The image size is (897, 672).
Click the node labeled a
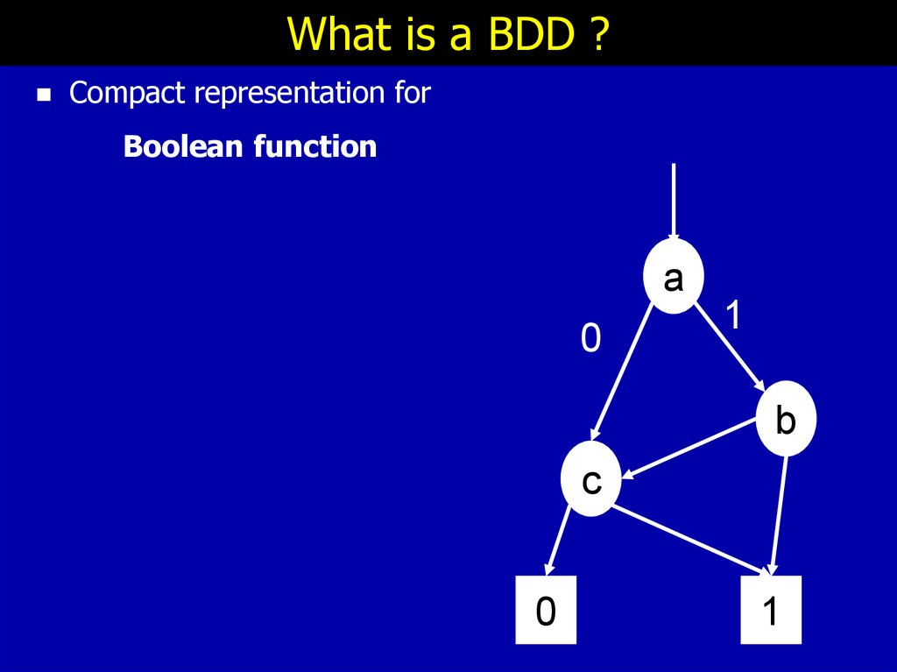point(674,277)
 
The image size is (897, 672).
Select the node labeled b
point(786,419)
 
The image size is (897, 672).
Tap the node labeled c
point(591,478)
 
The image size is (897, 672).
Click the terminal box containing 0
point(546,610)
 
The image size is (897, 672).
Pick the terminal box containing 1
point(771,610)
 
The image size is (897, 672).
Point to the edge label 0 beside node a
point(591,337)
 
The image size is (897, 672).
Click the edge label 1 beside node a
point(733,314)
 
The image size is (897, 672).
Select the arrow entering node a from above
point(674,202)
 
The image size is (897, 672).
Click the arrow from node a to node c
point(623,373)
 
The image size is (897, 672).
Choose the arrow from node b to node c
point(689,449)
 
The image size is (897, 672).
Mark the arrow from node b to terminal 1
point(779,515)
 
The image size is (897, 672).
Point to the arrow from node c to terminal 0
point(558,541)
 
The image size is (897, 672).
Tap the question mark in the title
point(597,33)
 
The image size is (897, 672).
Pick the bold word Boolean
point(184,146)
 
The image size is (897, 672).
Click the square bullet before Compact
point(44,95)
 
